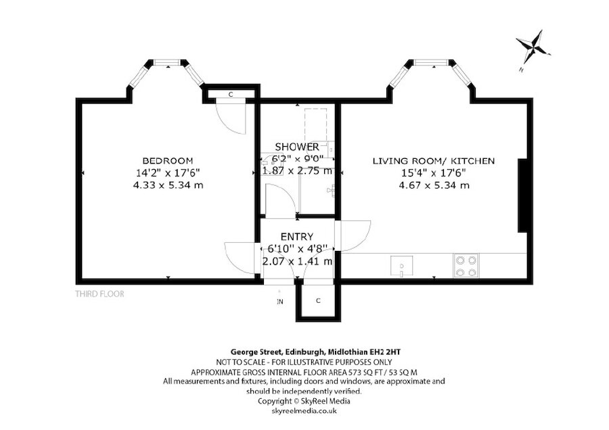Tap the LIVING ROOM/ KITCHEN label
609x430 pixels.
coord(434,161)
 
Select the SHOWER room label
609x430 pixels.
coord(297,147)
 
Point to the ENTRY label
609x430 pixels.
coord(297,237)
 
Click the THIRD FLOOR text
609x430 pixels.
coord(99,294)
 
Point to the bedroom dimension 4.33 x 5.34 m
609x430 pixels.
coord(168,185)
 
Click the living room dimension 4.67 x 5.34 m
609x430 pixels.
coord(434,185)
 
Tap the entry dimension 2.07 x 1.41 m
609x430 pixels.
coord(297,261)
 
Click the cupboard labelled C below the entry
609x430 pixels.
coord(317,301)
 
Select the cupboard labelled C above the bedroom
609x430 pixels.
coord(231,94)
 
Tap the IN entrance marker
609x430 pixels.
coord(279,302)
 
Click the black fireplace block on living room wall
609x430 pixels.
coord(523,196)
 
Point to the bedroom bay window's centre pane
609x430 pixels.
coord(166,64)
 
